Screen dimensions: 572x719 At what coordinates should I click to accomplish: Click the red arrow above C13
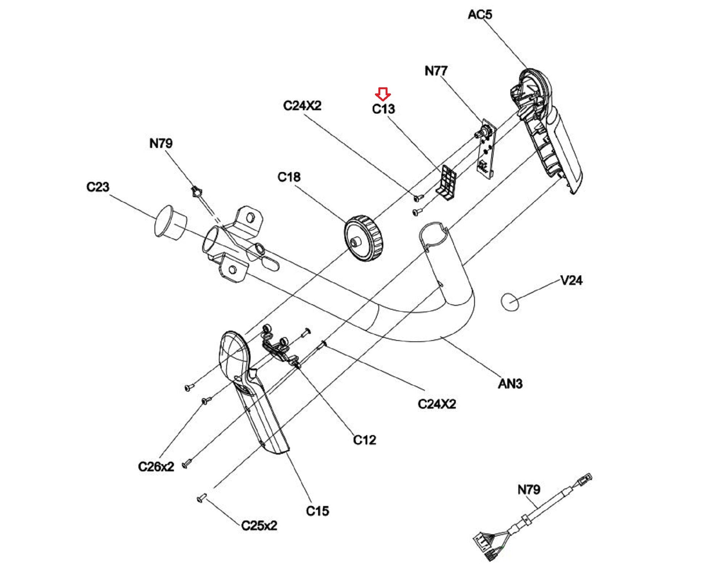click(x=383, y=94)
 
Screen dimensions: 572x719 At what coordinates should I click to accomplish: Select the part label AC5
click(x=480, y=14)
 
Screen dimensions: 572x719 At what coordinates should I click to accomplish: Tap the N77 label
click(x=436, y=71)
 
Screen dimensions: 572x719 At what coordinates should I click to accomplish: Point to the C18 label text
click(x=289, y=177)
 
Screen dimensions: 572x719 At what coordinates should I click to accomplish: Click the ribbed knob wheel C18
click(x=363, y=238)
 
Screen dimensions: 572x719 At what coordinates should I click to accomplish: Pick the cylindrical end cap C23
click(x=170, y=223)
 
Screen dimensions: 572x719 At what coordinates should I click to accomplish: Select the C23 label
click(x=98, y=187)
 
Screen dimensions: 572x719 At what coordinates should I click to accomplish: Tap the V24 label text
click(x=571, y=281)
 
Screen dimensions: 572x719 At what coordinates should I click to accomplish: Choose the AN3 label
click(x=510, y=384)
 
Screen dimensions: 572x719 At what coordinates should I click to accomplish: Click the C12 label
click(x=364, y=440)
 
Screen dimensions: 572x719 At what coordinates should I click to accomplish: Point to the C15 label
click(x=317, y=511)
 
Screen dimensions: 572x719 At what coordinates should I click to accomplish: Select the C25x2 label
click(x=259, y=525)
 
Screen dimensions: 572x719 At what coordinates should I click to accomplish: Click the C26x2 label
click(x=156, y=466)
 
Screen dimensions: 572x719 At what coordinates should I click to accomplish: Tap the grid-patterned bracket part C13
click(x=447, y=182)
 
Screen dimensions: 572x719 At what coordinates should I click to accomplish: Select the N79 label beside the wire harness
click(x=529, y=489)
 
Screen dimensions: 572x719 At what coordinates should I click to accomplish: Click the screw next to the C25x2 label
click(x=201, y=498)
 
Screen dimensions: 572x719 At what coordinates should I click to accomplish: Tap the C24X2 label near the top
click(x=302, y=105)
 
